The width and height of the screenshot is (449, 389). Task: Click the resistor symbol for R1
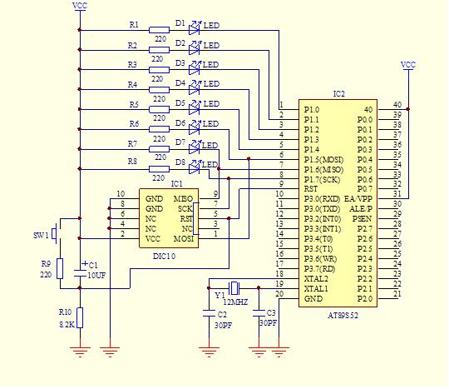(159, 30)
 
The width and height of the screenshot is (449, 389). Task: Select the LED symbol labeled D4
(195, 88)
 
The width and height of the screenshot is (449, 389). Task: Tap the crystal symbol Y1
(234, 287)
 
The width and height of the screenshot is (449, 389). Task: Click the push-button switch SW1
(55, 234)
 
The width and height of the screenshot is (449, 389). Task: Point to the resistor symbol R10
(80, 317)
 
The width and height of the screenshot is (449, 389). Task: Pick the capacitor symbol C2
(209, 313)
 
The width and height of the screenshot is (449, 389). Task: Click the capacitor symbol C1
(80, 273)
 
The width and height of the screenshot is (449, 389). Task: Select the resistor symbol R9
(60, 268)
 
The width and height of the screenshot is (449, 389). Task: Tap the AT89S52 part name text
(343, 316)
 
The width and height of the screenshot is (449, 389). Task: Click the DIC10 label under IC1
(164, 257)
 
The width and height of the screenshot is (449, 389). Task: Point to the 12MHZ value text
(235, 302)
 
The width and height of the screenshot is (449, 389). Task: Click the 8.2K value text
(67, 325)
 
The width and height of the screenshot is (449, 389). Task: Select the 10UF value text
(96, 276)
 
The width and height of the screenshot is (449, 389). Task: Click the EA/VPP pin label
(358, 199)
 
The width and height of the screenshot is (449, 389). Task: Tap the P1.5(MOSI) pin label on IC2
(323, 159)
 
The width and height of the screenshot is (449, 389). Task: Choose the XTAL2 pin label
(316, 278)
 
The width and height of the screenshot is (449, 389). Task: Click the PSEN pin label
(362, 219)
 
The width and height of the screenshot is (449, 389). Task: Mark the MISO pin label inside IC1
(183, 199)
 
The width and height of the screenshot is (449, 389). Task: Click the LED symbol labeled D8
(195, 167)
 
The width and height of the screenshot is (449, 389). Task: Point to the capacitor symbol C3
(259, 313)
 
